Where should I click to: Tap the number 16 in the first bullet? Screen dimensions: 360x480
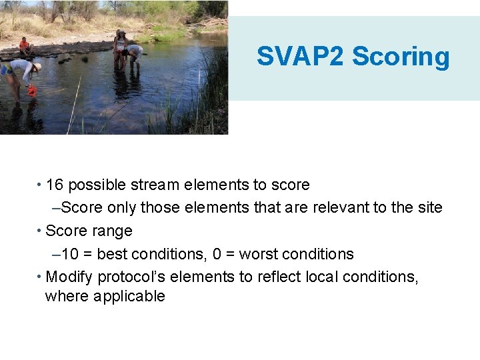coord(55,185)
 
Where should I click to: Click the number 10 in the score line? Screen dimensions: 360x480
coord(69,254)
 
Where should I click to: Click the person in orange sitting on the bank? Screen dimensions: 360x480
coord(25,47)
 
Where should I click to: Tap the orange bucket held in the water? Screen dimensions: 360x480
coord(31,91)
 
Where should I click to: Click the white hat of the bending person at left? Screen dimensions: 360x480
coord(37,67)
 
